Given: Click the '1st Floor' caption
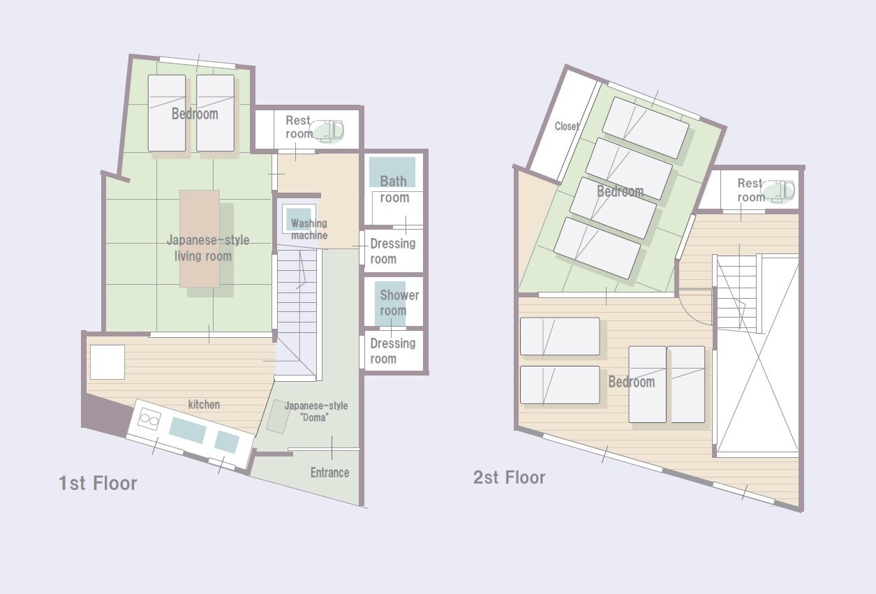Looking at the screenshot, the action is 98,483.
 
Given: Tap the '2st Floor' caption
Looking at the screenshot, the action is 509,477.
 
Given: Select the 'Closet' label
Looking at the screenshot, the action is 567,126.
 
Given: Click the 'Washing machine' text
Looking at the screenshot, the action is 309,229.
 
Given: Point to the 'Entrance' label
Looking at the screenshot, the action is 329,473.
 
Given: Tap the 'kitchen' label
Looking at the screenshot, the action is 204,404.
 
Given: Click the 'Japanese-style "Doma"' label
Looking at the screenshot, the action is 316,411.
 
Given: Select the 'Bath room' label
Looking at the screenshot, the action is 394,189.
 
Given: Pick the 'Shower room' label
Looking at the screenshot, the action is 399,303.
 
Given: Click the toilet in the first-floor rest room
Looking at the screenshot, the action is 327,131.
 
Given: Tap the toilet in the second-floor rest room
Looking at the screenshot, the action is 779,192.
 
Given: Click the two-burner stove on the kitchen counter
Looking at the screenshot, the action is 149,419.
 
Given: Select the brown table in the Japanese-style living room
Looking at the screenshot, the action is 200,239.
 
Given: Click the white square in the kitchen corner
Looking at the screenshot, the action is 107,362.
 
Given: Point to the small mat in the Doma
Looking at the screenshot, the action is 279,416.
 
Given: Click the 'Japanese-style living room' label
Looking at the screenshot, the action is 208,248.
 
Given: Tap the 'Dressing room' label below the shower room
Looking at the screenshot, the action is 393,351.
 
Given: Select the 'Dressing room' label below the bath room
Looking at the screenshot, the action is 393,251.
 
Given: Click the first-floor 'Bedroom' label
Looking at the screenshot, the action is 195,114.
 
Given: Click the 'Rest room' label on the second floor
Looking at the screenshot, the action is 750,190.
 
